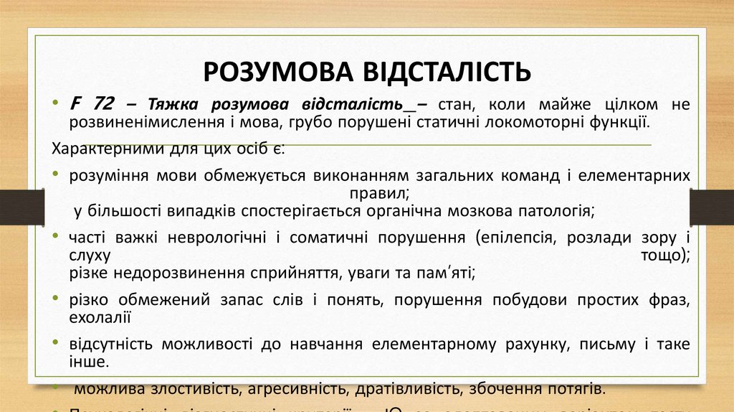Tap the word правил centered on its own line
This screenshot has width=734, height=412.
click(379, 193)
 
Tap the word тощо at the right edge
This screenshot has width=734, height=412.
click(664, 255)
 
